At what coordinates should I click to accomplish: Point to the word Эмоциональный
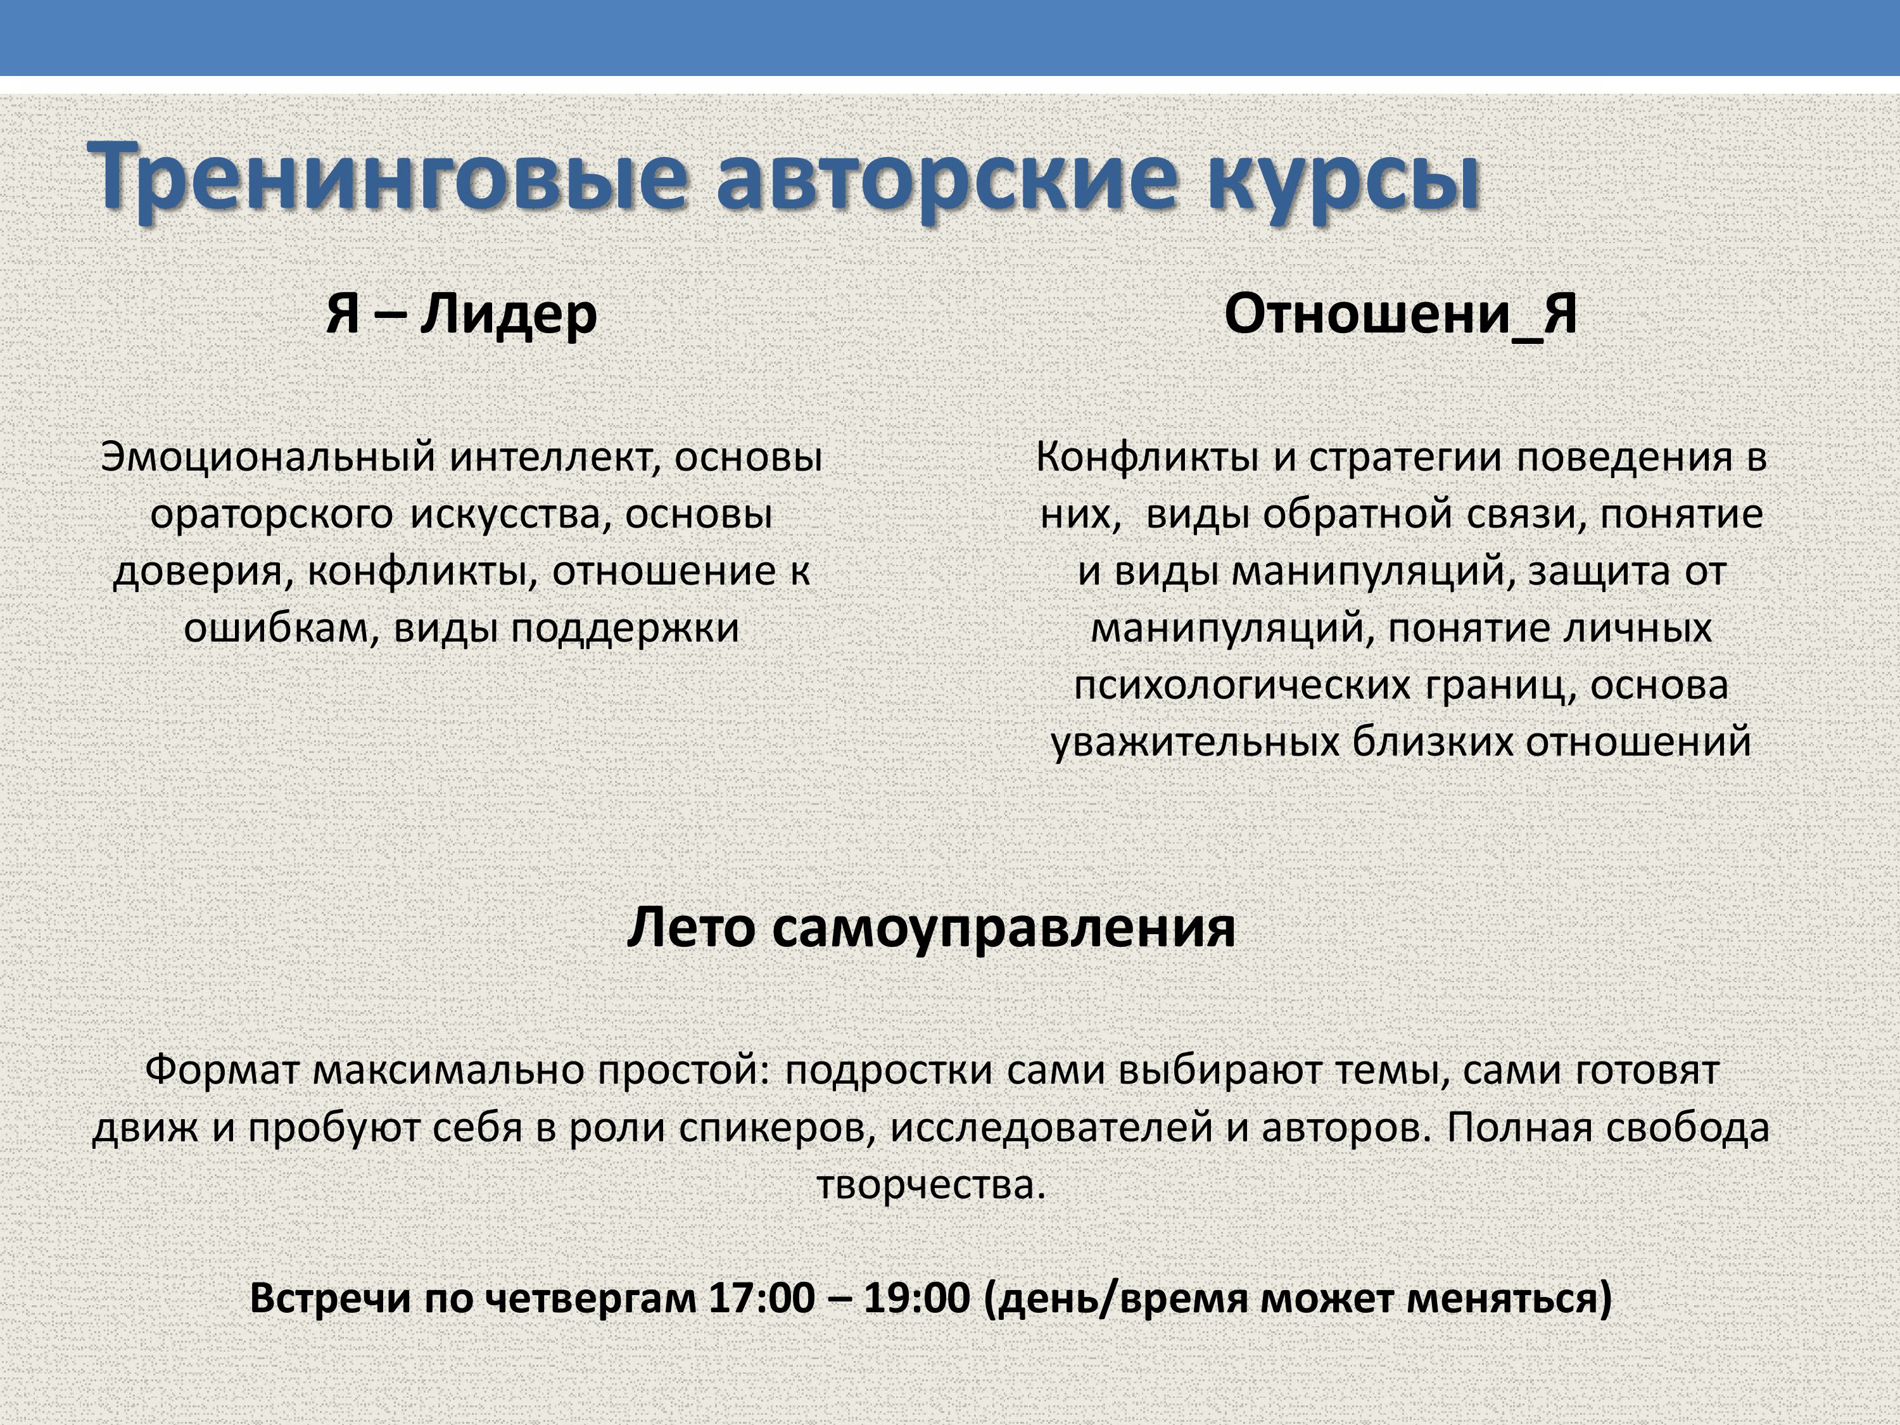coord(269,456)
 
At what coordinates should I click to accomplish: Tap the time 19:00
coord(916,1298)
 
